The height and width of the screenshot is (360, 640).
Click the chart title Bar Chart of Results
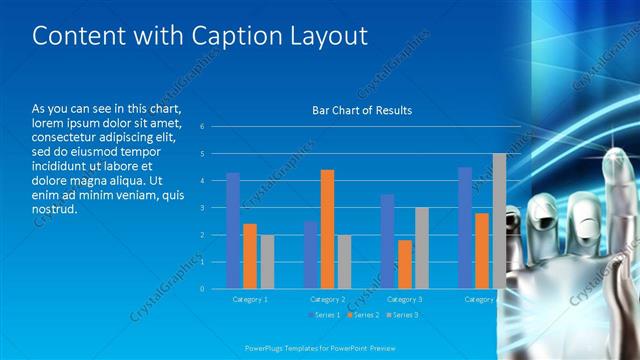361,110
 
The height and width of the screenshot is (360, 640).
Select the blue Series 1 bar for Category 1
233,230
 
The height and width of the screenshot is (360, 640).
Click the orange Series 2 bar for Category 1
250,255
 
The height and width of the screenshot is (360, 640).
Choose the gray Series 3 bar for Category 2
344,261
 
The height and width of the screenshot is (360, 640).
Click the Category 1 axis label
250,299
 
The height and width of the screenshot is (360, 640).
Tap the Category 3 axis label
404,299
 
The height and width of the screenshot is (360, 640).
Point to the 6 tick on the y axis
202,127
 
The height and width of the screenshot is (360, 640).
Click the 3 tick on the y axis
202,208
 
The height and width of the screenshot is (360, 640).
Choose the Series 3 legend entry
402,315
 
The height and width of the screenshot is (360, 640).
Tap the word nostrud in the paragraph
55,211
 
